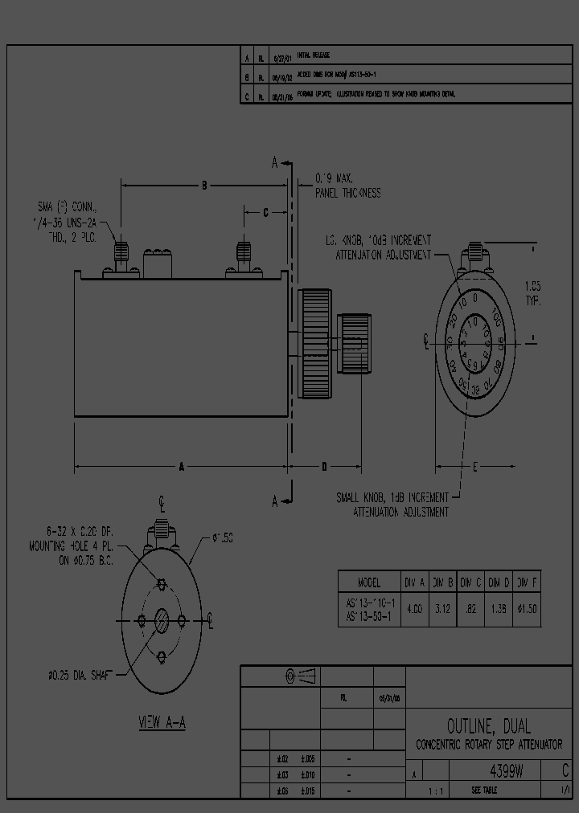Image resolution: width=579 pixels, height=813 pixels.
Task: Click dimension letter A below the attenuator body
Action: [x=182, y=466]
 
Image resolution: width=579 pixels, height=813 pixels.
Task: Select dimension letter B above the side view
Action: [x=204, y=186]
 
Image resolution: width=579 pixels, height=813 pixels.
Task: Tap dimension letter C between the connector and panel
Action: [x=266, y=213]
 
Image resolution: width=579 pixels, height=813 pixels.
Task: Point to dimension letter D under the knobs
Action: [x=324, y=466]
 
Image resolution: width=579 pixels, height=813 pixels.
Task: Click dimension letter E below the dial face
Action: [x=474, y=466]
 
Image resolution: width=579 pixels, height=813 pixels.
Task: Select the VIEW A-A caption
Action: [x=162, y=721]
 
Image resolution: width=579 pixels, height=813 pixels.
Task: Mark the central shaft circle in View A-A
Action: [x=162, y=620]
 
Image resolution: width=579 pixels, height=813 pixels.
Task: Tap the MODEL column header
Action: [x=369, y=582]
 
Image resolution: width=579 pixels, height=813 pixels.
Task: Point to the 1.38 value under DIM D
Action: [x=499, y=609]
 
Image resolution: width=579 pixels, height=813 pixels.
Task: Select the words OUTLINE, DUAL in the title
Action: [x=489, y=726]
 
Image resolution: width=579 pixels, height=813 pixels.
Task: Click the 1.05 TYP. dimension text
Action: [x=532, y=293]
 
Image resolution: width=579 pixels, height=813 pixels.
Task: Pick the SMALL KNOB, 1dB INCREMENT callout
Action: [x=392, y=505]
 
